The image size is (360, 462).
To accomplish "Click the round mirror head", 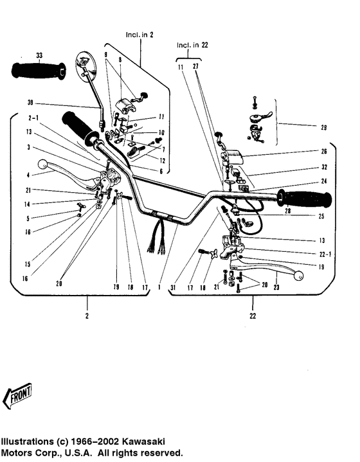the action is pos(86,66).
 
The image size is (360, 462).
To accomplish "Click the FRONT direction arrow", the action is pos(17,396).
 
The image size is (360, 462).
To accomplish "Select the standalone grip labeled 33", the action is pos(39,71).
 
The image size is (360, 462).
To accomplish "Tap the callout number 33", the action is pos(39,55).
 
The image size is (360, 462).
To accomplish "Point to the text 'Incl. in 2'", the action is pos(139,35).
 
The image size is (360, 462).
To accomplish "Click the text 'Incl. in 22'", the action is pos(192,45).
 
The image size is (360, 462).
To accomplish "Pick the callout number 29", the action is pos(324,128).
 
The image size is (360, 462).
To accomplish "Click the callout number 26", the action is pos(324,152).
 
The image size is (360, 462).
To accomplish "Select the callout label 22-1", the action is pos(325,254).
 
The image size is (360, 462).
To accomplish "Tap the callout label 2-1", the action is pos(33,118).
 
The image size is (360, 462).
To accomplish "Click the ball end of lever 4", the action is pos(43,164).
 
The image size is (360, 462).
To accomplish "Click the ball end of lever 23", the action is pos(298,276).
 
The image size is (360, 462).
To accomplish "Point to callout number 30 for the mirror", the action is pos(30,103).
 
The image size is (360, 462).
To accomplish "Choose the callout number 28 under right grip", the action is pos(287,211).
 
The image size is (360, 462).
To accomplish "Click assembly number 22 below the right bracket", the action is pos(253,316).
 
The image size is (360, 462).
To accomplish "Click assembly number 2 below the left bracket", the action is pos(87,316).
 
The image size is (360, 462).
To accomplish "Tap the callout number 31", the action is pos(173,287).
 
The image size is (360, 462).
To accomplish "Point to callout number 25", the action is pos(321,217).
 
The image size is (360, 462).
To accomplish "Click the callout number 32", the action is pos(325,167).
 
